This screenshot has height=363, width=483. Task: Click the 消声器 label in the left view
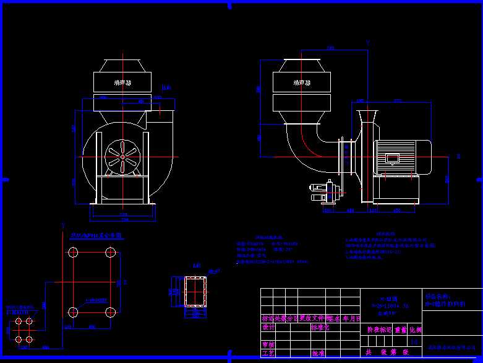[122, 82]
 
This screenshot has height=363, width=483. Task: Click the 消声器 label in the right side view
[302, 82]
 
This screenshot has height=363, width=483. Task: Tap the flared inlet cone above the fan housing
[367, 117]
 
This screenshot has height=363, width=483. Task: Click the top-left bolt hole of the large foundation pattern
[73, 252]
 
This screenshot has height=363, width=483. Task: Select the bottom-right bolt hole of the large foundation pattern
[111, 312]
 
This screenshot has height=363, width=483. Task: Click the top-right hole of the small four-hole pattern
[28, 321]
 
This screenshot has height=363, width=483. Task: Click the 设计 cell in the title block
[268, 327]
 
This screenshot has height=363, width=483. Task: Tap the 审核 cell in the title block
[268, 344]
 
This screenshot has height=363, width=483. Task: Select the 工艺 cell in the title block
[268, 354]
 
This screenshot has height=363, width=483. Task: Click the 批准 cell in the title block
[318, 354]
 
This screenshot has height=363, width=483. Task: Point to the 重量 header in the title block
[401, 330]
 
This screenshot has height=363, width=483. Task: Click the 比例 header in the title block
[415, 330]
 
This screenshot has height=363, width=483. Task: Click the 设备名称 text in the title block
[438, 297]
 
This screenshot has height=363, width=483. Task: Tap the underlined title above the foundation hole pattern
[96, 236]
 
